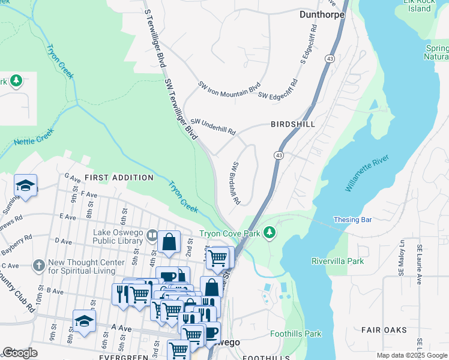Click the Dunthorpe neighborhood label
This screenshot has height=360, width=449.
(322, 13)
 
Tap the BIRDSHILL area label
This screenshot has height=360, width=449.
(292, 124)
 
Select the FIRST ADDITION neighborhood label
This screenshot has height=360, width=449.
(119, 178)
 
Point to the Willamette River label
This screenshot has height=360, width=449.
(367, 173)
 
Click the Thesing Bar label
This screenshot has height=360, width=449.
(352, 220)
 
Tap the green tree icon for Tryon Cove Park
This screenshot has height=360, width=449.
(270, 232)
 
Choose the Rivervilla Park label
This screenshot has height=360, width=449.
(337, 261)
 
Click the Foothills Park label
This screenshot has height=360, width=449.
(295, 334)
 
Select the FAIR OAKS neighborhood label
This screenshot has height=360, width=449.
(384, 330)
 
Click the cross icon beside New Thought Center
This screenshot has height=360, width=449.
(39, 265)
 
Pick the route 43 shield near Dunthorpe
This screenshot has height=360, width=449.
(330, 58)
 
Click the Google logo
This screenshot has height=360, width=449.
(20, 353)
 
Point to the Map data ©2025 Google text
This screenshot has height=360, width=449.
(411, 355)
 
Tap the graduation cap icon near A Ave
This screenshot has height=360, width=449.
(84, 322)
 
